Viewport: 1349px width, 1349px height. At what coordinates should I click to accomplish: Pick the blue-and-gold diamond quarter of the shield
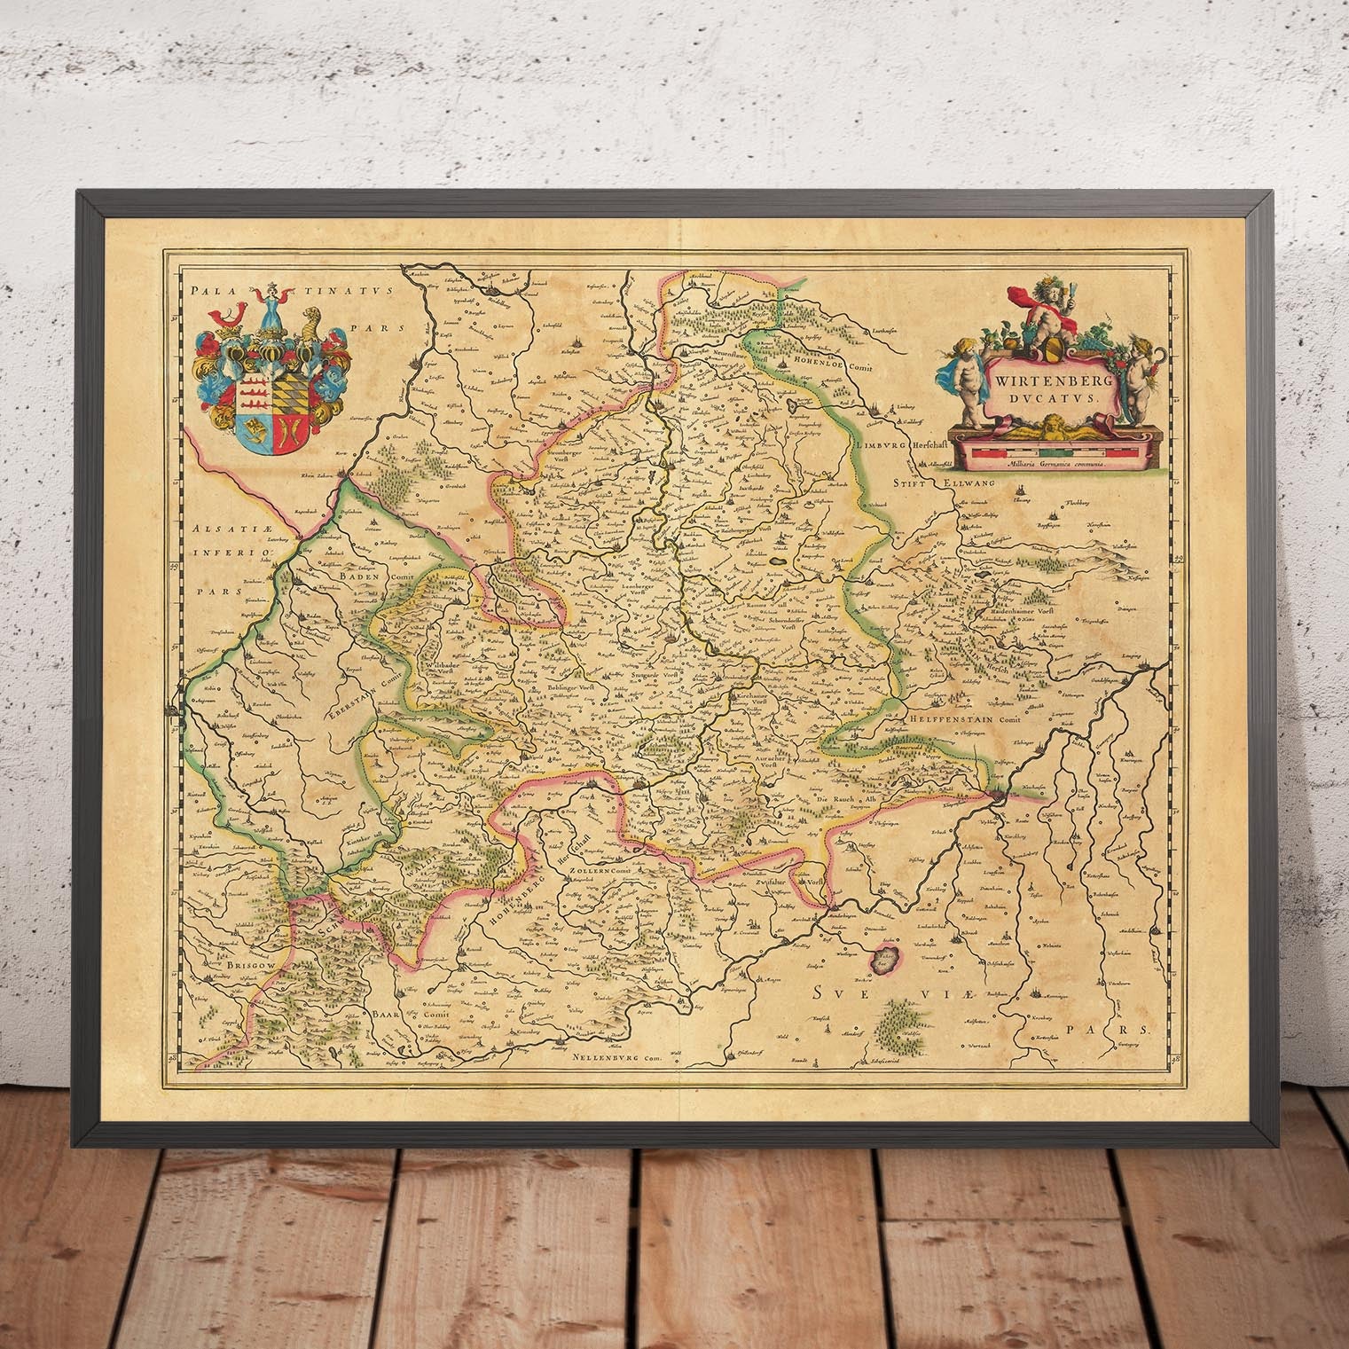point(288,391)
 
